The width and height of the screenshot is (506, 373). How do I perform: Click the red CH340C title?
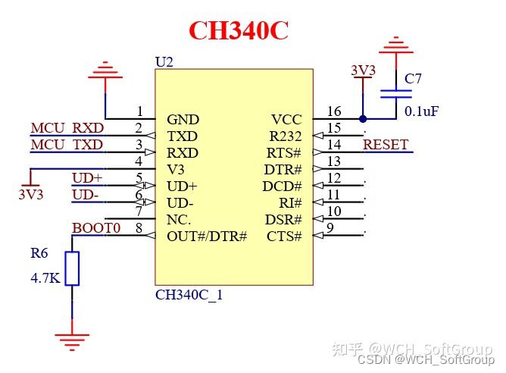click(x=238, y=30)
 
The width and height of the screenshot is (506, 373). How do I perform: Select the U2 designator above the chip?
click(x=164, y=61)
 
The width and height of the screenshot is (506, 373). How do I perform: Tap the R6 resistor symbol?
click(x=72, y=268)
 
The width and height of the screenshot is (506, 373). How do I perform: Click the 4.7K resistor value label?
click(x=45, y=277)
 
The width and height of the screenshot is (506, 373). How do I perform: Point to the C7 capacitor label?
click(x=413, y=79)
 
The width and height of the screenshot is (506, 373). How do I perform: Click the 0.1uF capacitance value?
click(x=421, y=111)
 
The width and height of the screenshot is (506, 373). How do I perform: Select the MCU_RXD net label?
click(x=67, y=128)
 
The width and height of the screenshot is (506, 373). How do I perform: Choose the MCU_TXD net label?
click(x=67, y=145)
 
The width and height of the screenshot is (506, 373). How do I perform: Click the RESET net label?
click(x=386, y=145)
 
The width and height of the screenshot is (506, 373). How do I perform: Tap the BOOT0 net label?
click(x=96, y=228)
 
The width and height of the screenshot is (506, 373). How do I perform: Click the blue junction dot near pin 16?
click(x=363, y=119)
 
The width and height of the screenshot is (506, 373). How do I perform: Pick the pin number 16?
click(x=334, y=111)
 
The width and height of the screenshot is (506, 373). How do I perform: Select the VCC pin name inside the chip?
click(x=286, y=120)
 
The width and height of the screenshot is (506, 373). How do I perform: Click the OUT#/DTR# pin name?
click(x=207, y=237)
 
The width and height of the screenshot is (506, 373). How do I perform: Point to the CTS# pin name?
click(x=284, y=237)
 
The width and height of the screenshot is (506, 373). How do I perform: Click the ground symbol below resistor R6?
click(x=72, y=340)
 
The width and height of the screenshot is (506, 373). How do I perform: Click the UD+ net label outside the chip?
click(x=86, y=178)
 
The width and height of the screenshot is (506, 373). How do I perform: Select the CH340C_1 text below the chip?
click(x=189, y=295)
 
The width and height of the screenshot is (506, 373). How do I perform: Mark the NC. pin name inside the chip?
click(x=179, y=220)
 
